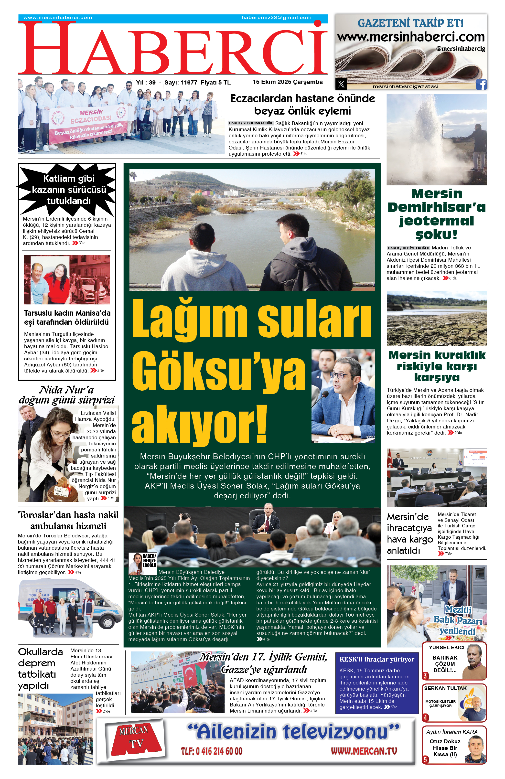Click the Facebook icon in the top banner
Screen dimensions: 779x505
tap(481, 85)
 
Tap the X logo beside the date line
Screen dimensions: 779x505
tap(341, 84)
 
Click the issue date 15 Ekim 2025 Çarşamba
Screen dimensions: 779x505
tap(287, 82)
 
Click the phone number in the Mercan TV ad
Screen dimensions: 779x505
tap(212, 751)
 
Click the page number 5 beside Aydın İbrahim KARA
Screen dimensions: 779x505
tap(425, 760)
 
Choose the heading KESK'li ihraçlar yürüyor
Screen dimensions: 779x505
tap(377, 660)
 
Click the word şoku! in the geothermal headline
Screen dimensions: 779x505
tap(436, 234)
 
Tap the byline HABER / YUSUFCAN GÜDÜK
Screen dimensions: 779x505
tap(250, 123)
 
